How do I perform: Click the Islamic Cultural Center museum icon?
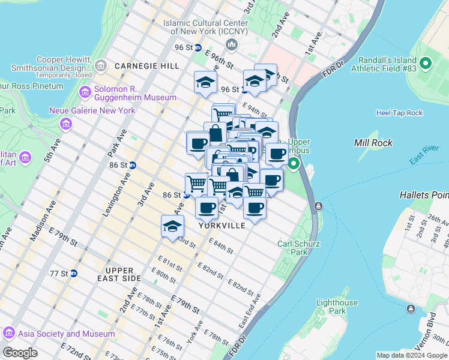tap(232, 45)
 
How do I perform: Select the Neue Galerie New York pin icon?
tap(65, 124)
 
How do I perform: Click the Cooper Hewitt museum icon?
tap(101, 64)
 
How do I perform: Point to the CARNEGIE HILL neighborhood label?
tap(147, 65)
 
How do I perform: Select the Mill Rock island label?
tap(373, 143)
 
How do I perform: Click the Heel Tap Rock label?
tap(399, 113)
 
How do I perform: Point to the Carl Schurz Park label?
tap(294, 248)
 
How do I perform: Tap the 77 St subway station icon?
tap(74, 274)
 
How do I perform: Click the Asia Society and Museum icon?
tap(9, 333)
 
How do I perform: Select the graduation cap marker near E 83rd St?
tap(172, 227)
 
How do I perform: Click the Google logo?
tap(20, 353)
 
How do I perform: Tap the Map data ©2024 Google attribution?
tap(411, 355)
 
